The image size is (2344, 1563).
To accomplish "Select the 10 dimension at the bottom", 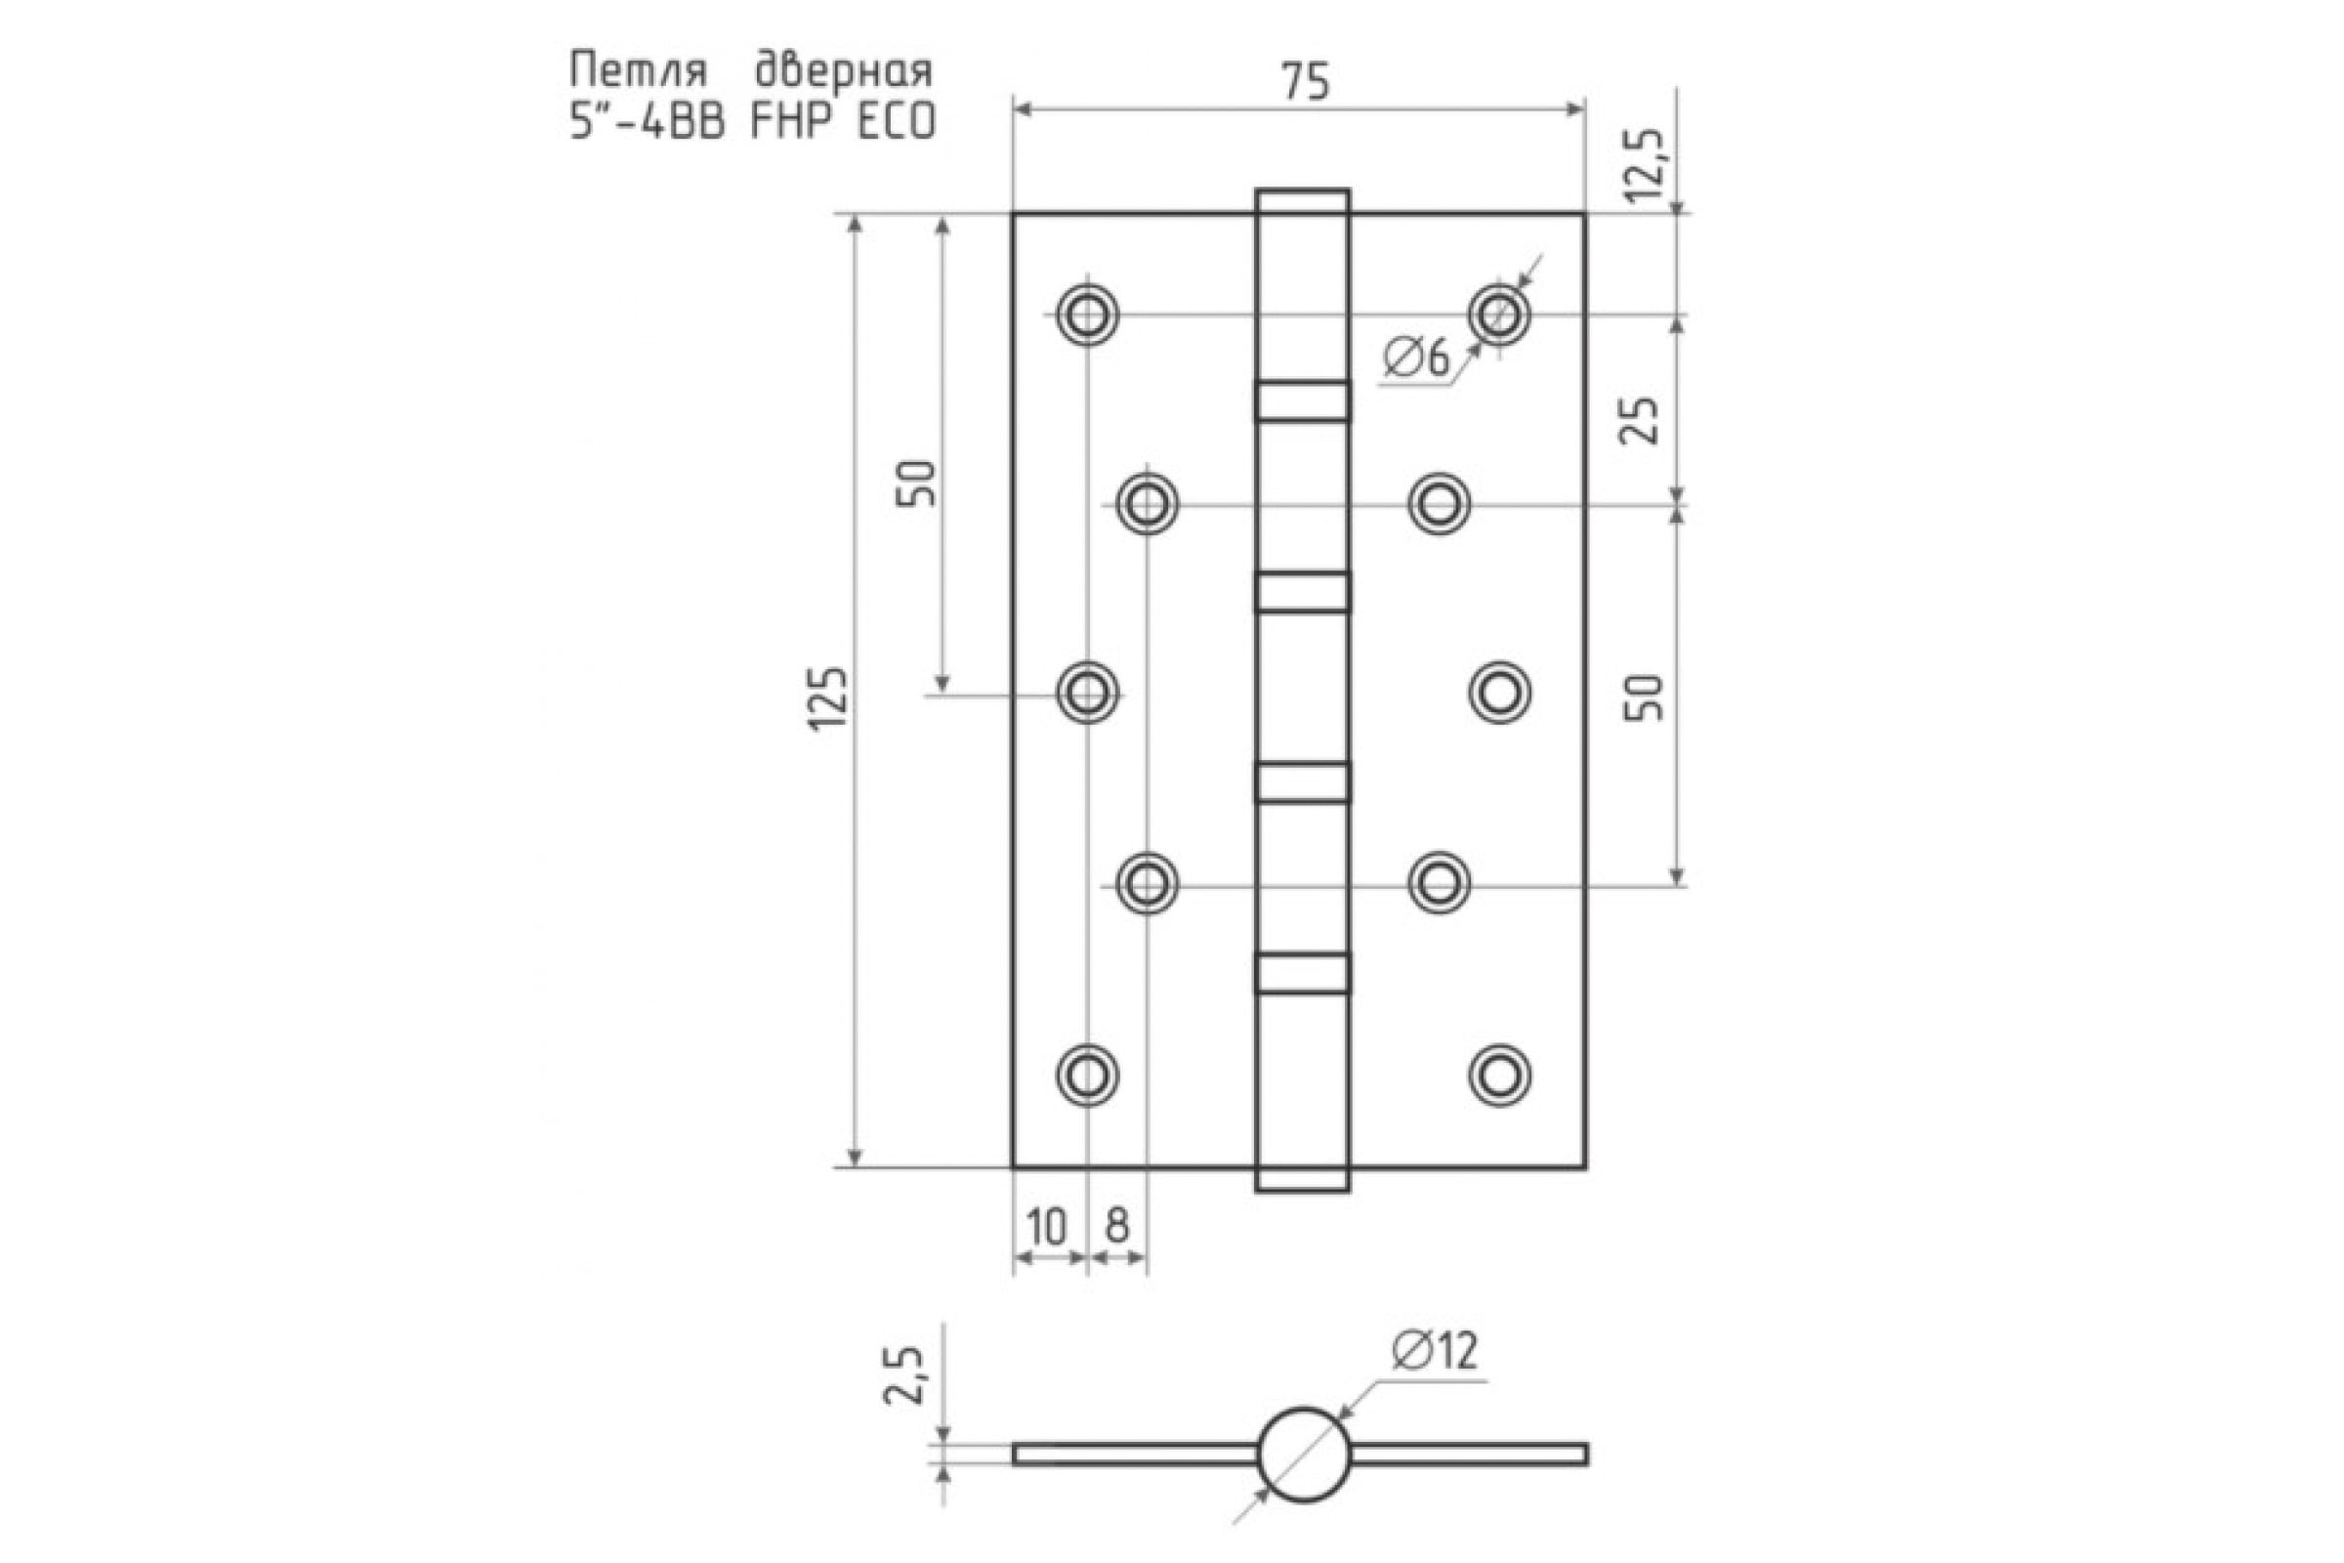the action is (x=1046, y=1226).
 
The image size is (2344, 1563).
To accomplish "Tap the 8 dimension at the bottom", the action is (x=1117, y=1226).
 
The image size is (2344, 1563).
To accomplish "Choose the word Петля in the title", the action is (x=639, y=71).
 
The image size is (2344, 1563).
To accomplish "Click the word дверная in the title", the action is (x=843, y=71).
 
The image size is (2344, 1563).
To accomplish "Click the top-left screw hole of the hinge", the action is (x=1086, y=315).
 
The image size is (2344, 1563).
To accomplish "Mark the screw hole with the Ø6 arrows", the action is (x=1499, y=315).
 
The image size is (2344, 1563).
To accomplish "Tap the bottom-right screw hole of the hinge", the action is (x=1499, y=1075).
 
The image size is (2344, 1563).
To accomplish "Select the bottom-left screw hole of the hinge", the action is (x=1086, y=1075).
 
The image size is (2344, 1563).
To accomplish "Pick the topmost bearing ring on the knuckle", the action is (x=1303, y=401).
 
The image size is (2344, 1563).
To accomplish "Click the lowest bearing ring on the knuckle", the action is (x=1303, y=973).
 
